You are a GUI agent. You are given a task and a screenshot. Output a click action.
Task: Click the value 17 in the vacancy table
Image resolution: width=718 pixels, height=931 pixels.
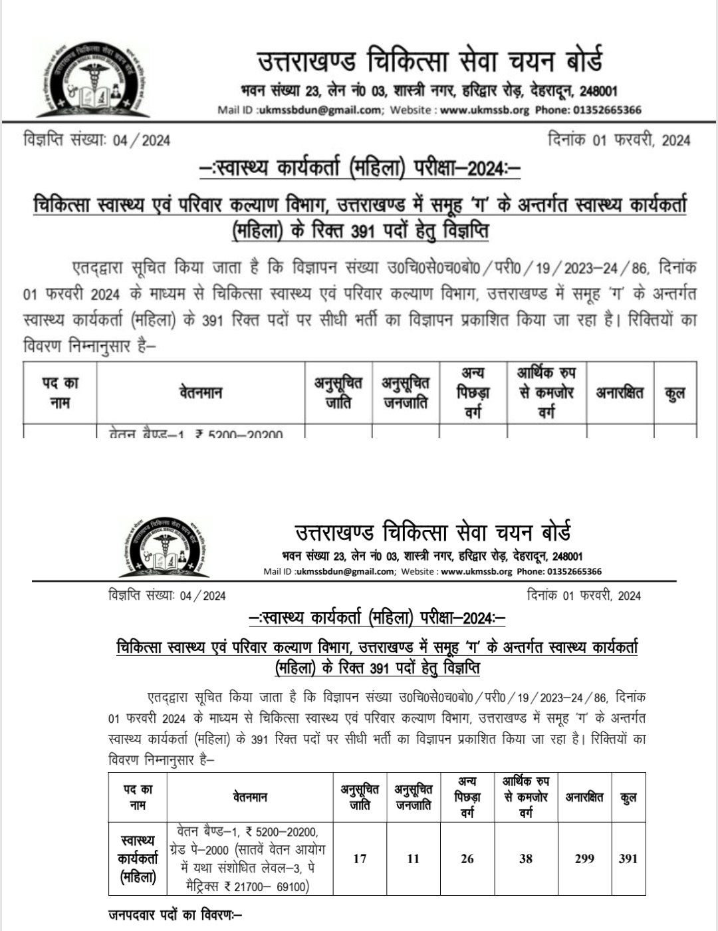(360, 859)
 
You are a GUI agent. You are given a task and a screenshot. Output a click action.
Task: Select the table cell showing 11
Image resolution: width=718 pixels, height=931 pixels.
(414, 859)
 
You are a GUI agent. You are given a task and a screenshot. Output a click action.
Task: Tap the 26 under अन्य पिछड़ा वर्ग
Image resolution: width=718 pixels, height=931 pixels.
(467, 859)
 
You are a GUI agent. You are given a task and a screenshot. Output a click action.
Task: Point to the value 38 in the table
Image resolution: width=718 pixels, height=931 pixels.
(526, 859)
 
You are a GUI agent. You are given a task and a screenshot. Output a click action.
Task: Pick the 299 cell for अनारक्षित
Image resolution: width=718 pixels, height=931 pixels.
(584, 859)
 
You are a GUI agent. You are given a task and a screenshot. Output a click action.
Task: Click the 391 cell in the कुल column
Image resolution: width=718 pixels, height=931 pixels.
(628, 859)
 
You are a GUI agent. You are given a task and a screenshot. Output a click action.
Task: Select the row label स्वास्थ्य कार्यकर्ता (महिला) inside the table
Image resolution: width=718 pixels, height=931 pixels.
(138, 859)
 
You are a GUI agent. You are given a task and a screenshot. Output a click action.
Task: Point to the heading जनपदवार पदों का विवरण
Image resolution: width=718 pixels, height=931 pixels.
(174, 915)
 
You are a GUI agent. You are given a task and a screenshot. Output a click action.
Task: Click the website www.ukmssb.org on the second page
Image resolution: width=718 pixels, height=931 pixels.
(476, 571)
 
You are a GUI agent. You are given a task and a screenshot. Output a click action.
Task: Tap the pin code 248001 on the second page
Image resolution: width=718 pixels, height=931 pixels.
(567, 556)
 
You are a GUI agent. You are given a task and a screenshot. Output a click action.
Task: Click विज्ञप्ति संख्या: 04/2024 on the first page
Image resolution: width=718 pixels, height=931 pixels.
(96, 140)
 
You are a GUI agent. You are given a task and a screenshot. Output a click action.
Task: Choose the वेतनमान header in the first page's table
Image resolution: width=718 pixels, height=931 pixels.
(200, 392)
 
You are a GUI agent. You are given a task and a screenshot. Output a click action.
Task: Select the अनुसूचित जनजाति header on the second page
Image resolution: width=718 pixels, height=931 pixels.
(414, 797)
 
